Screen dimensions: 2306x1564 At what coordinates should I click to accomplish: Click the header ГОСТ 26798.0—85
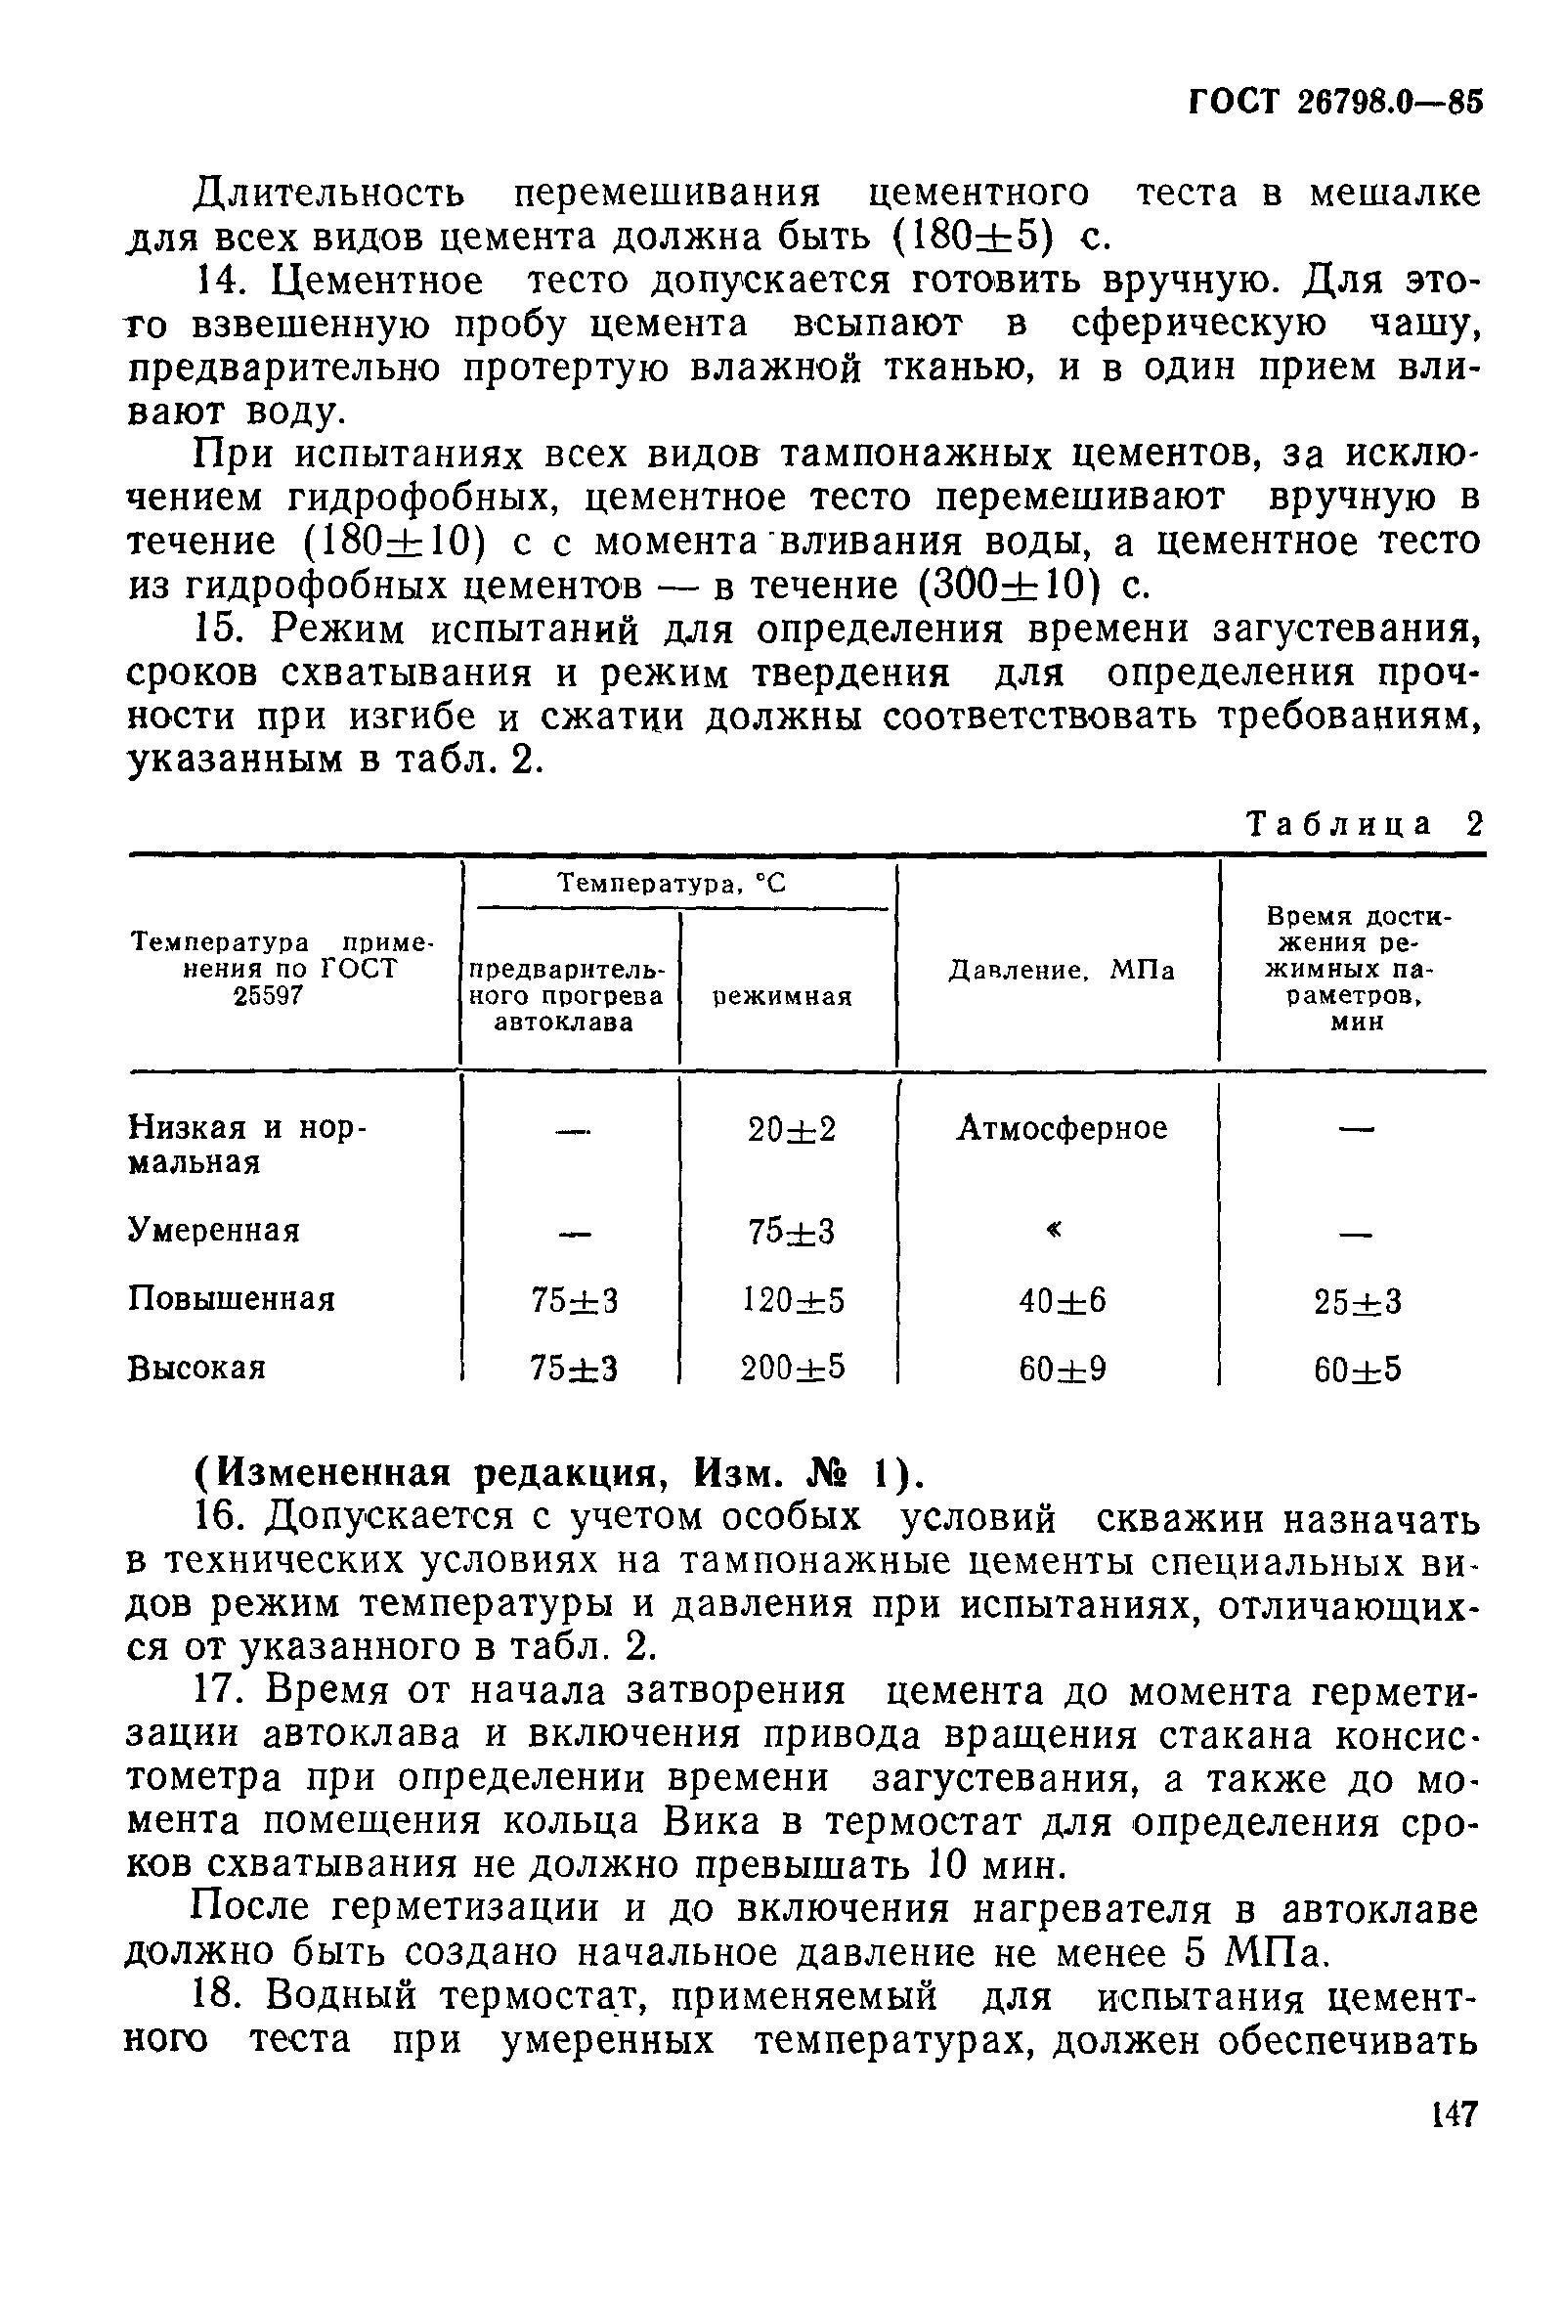point(1333,103)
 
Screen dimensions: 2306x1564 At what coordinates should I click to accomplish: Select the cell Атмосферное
point(1061,1128)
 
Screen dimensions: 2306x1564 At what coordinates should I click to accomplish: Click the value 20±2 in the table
point(791,1129)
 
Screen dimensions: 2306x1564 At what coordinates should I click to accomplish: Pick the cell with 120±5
point(793,1300)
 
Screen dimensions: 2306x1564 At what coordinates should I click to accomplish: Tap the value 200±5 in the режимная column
point(793,1369)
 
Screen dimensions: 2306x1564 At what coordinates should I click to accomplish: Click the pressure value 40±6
point(1062,1300)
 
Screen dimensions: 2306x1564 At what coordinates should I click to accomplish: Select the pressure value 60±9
point(1062,1370)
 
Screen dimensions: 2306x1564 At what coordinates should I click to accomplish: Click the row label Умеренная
point(213,1231)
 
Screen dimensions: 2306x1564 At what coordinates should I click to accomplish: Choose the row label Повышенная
point(232,1299)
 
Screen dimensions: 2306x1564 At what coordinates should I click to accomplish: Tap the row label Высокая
point(196,1369)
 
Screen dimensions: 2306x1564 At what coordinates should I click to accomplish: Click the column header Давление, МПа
point(1061,970)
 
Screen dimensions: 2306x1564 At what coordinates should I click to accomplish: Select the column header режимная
point(783,996)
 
